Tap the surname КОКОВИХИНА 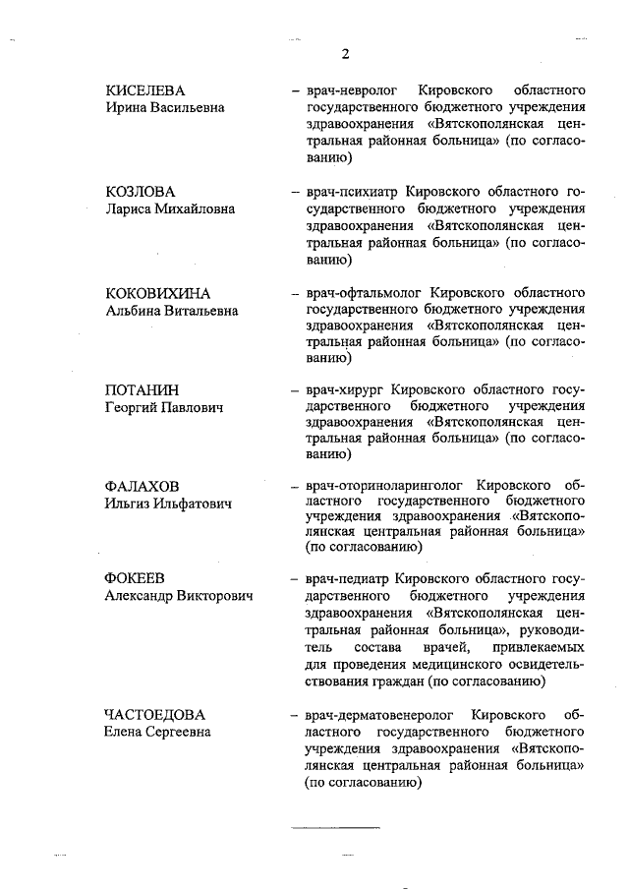(x=158, y=293)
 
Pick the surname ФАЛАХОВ (x=143, y=486)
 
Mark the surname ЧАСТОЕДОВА (x=159, y=714)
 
